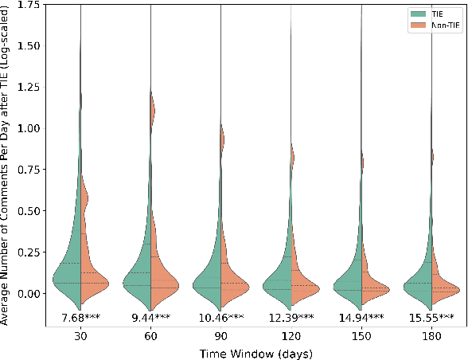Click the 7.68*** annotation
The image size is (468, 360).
(80, 319)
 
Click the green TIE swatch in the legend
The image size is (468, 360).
(414, 14)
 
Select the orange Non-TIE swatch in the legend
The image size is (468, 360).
(414, 25)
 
